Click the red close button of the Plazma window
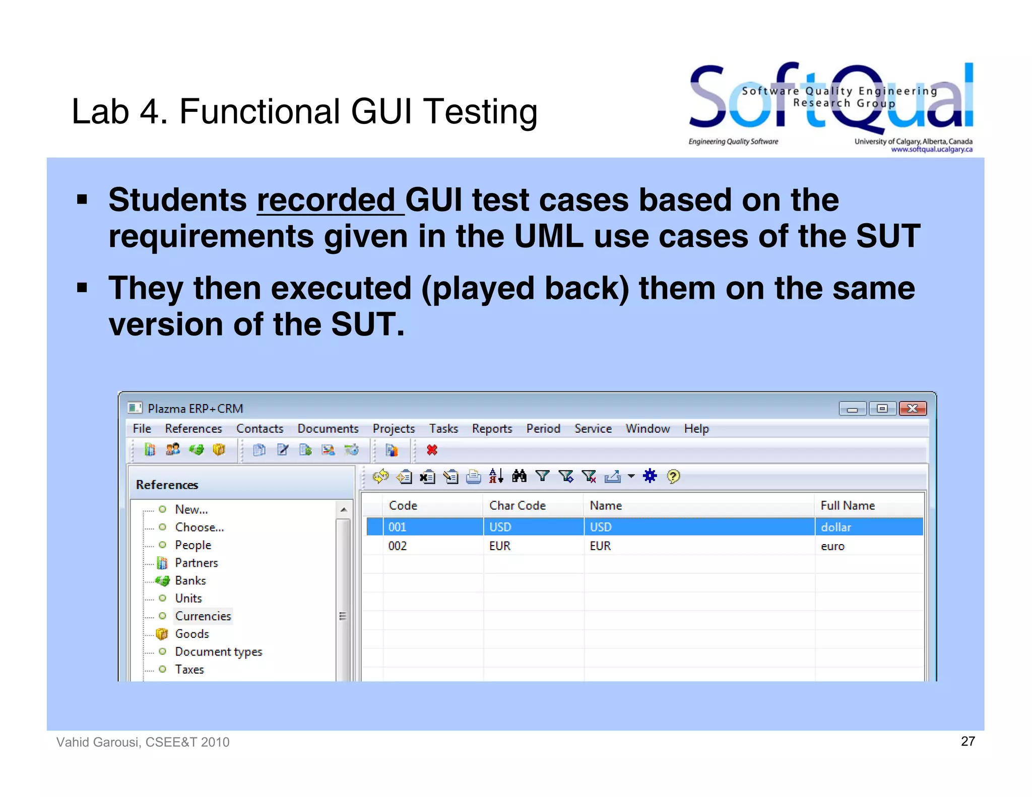913,408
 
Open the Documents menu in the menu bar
328,429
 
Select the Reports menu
492,429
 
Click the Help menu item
696,429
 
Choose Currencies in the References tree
203,616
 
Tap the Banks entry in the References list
190,580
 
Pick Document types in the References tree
218,652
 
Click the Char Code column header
517,505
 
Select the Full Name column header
847,505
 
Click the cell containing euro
832,546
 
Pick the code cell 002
398,546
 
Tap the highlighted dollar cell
835,527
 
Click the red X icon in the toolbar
432,450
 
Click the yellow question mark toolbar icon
673,476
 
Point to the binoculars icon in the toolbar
519,476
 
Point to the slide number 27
967,741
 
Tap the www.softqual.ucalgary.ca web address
931,150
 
